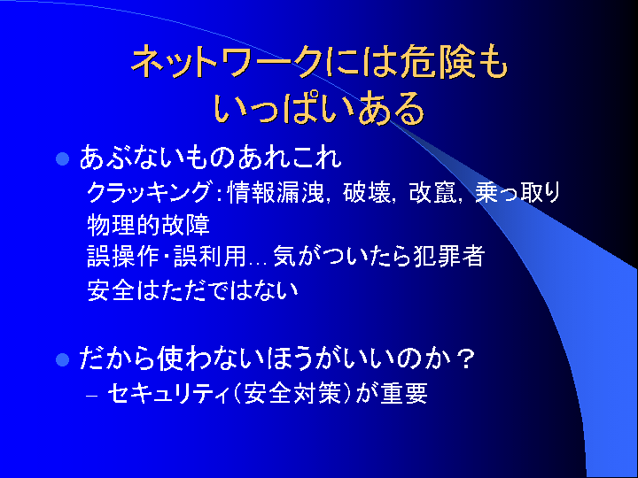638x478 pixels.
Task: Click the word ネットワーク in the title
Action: [x=229, y=63]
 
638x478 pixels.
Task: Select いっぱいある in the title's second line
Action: [x=319, y=108]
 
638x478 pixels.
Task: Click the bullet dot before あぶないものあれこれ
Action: [x=62, y=158]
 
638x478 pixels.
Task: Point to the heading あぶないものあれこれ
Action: [x=210, y=158]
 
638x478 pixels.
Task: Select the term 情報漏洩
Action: [x=276, y=192]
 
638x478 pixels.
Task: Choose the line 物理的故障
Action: [x=149, y=225]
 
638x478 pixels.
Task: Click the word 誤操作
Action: [x=123, y=257]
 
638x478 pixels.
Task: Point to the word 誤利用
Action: [x=210, y=257]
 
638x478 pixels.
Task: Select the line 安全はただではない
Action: [x=192, y=290]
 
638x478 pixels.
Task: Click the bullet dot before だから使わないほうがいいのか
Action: [x=62, y=359]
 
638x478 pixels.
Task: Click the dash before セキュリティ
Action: [x=92, y=395]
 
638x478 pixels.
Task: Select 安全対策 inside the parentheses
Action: [x=292, y=393]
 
